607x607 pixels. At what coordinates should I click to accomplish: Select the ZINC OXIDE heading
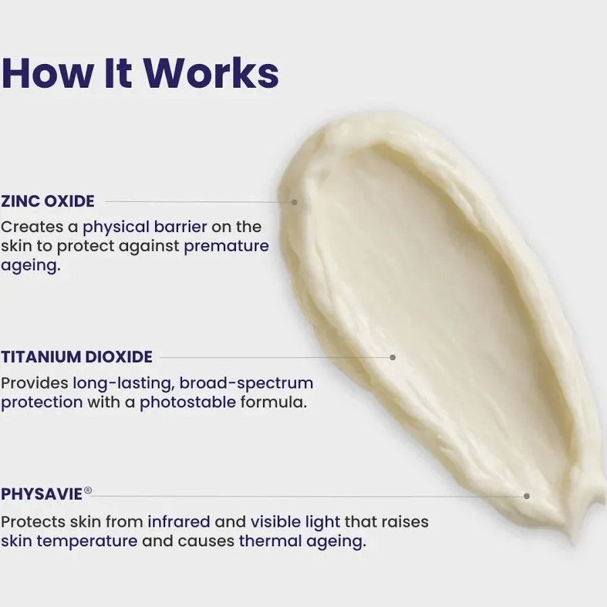point(48,201)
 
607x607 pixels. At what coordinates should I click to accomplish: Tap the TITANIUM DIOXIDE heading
point(77,357)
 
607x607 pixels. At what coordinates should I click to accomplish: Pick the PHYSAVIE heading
point(42,494)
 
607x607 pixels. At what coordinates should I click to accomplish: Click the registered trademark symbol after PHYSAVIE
point(88,490)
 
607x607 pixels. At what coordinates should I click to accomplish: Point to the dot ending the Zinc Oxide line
point(294,202)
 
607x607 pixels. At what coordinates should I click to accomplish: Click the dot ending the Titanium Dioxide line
point(393,357)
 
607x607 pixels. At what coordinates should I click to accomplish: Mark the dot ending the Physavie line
point(527,496)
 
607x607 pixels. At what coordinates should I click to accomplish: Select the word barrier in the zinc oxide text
point(180,227)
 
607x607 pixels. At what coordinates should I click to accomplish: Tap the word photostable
point(187,403)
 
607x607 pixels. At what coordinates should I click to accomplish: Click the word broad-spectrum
point(246,383)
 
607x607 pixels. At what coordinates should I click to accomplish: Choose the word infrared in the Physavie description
point(179,522)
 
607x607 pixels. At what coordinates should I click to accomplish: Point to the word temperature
point(87,541)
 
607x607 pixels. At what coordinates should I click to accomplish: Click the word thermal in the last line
point(270,541)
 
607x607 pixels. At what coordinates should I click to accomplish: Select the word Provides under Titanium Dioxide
point(34,383)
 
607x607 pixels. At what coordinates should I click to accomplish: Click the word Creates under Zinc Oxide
point(32,227)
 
